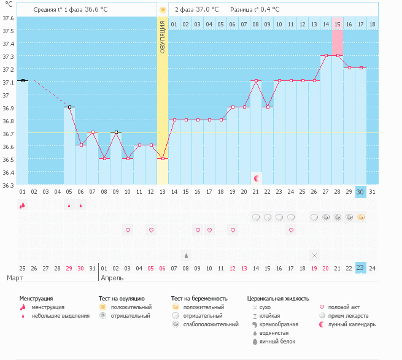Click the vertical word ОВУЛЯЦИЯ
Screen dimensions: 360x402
(x=163, y=36)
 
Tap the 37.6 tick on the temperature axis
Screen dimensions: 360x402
(x=8, y=18)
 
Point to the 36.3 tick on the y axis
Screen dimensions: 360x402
(x=8, y=185)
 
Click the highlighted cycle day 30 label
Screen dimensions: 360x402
(x=361, y=192)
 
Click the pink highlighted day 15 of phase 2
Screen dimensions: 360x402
(x=338, y=24)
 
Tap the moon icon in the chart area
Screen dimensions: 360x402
(x=257, y=178)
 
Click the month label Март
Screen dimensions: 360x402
(x=15, y=278)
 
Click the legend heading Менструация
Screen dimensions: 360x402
(x=36, y=298)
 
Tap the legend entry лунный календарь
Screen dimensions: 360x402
(x=352, y=324)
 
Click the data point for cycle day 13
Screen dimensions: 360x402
(x=163, y=158)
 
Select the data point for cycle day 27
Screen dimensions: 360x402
(x=326, y=55)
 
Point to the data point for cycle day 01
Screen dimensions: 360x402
(x=23, y=80)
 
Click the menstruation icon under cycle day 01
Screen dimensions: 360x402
(x=23, y=205)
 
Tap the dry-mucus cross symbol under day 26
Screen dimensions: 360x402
(x=314, y=255)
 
